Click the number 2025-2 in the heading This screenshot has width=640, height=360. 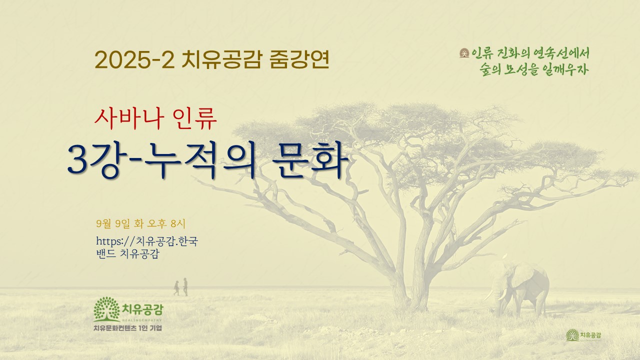[x=134, y=59]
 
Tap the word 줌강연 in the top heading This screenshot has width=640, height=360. [x=299, y=59]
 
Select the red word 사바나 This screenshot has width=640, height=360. [x=129, y=118]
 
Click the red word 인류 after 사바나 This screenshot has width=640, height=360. [x=195, y=118]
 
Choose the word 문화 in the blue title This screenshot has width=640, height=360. [x=310, y=159]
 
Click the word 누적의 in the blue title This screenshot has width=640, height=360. [x=199, y=160]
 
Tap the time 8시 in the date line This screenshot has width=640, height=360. [x=177, y=223]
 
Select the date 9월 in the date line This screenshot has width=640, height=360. [x=103, y=223]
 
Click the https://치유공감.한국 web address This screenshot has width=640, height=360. [x=147, y=241]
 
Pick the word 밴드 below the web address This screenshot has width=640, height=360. [x=106, y=253]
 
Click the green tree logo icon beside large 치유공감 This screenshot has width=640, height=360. [x=106, y=309]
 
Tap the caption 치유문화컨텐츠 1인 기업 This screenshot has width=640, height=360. [x=127, y=328]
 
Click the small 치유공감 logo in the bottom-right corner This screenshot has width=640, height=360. [x=583, y=335]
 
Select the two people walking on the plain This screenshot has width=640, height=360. [x=181, y=287]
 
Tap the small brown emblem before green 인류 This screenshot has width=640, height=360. [x=464, y=53]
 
